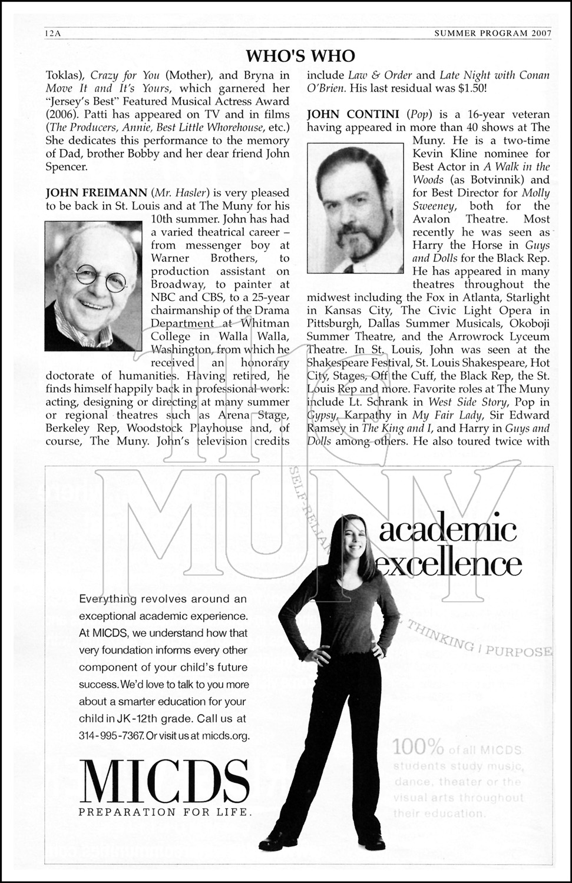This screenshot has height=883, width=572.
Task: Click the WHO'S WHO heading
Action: coord(300,56)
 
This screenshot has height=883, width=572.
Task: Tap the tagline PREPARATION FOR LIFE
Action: coord(165,812)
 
